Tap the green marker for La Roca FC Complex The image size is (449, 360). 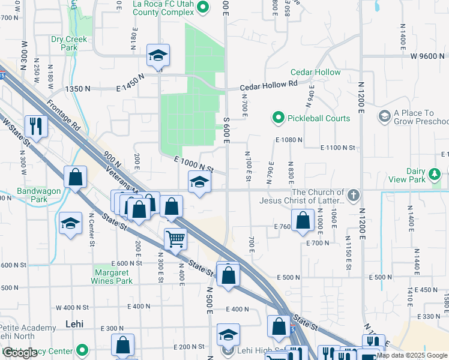[202, 7]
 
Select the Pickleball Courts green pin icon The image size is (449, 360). [278, 118]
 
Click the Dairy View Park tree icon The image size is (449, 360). [434, 175]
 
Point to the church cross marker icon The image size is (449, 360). [354, 195]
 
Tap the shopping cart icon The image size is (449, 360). [175, 238]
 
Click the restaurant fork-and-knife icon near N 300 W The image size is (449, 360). [35, 125]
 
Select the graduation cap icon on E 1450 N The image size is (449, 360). [158, 55]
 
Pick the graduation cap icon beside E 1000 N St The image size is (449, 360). [199, 182]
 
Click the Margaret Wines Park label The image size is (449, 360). [110, 277]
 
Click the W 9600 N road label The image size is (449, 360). [427, 56]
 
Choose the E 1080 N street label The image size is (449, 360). [289, 140]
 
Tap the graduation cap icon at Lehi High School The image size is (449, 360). [228, 334]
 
